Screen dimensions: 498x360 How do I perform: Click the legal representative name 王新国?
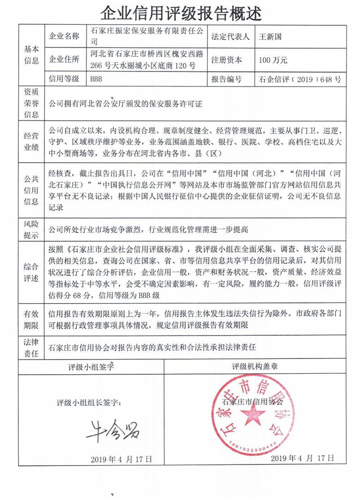click(270, 36)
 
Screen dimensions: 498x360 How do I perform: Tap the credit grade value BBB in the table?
click(97, 79)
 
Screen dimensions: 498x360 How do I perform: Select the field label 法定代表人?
click(230, 36)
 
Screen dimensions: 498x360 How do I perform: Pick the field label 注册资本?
click(226, 60)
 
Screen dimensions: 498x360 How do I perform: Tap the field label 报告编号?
click(226, 79)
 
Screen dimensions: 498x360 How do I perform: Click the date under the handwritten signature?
click(121, 459)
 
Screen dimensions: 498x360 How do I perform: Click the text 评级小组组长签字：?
click(89, 401)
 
